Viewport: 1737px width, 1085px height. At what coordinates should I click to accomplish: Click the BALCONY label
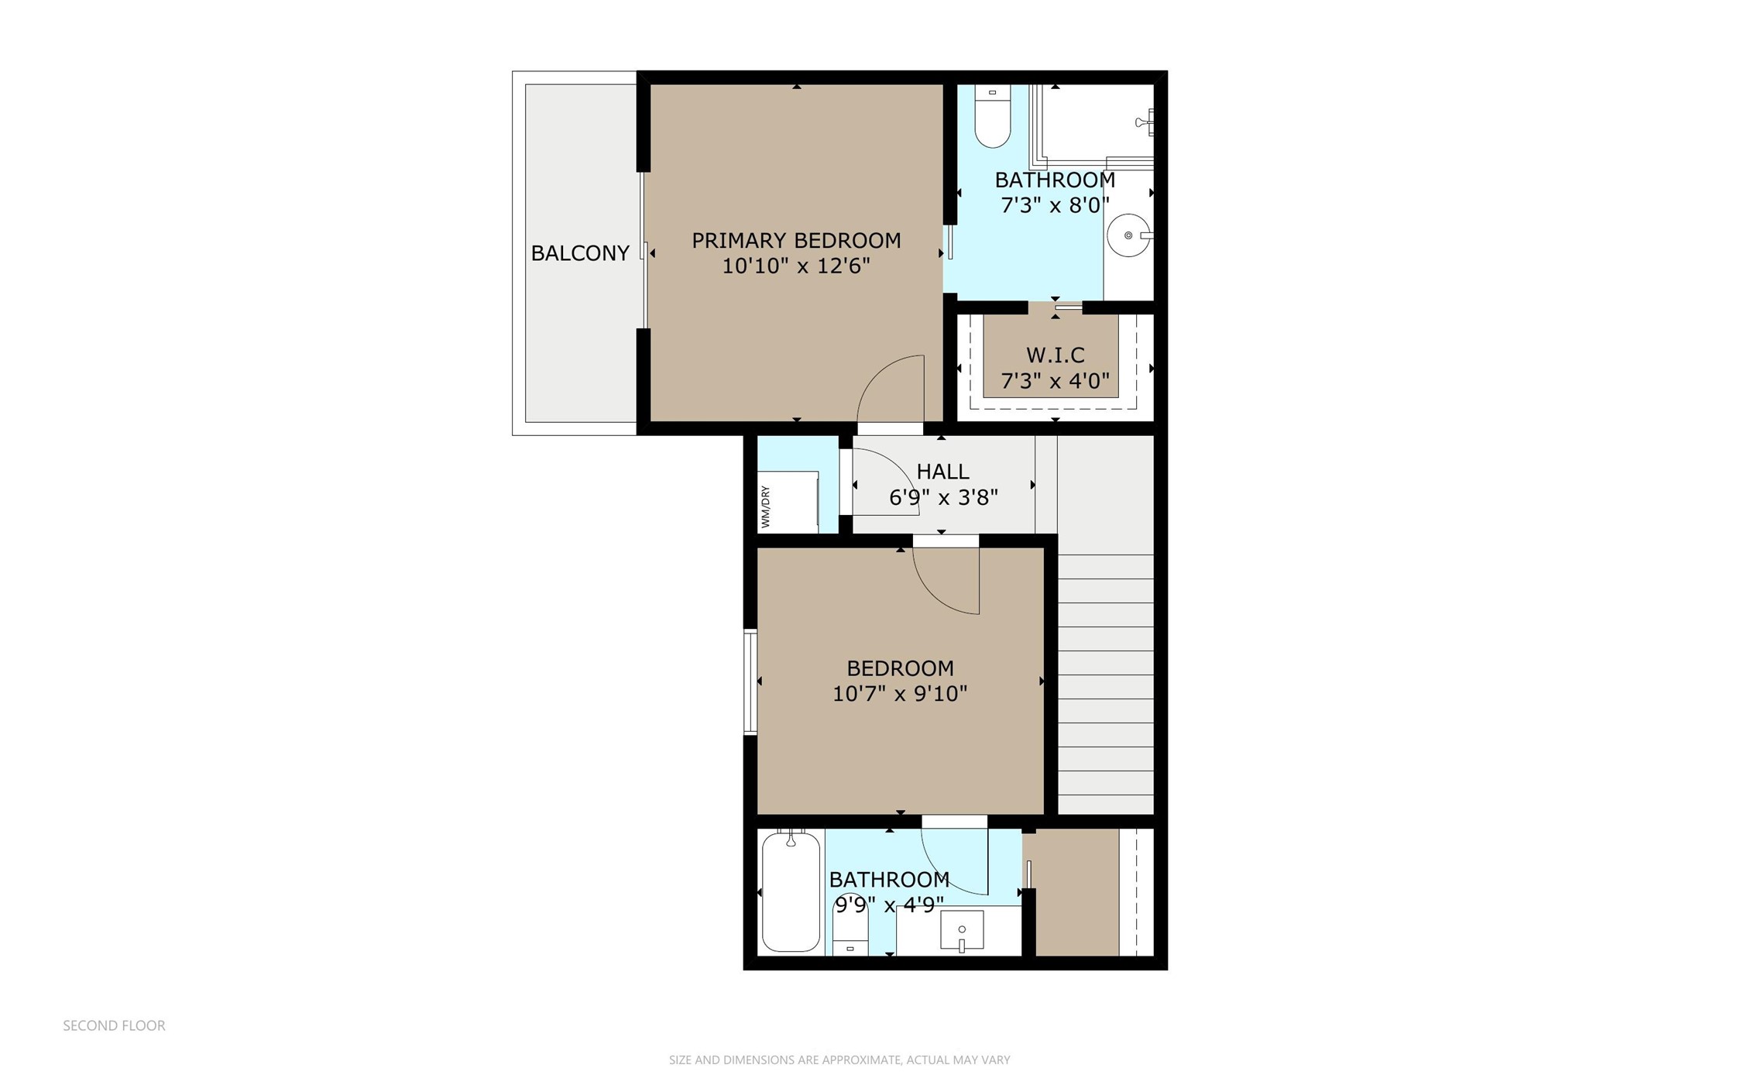tap(579, 253)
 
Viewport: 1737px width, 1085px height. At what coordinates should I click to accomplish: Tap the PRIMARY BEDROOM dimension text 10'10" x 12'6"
tap(795, 266)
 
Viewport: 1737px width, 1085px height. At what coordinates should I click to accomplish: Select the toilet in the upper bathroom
tap(992, 117)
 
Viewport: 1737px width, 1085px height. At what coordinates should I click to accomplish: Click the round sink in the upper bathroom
tap(1128, 235)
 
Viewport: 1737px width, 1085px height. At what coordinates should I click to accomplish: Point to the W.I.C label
tap(1055, 355)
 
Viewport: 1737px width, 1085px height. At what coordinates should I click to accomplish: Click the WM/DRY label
tap(766, 507)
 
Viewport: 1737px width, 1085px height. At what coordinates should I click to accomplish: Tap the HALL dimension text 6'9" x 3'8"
tap(942, 497)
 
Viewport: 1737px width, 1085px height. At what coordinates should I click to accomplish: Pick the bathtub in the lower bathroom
tap(791, 891)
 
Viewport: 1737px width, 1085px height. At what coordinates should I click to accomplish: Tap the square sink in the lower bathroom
tap(962, 929)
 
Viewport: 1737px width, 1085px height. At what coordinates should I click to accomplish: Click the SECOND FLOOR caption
tap(114, 1025)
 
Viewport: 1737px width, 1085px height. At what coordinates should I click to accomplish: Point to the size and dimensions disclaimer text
tap(839, 1060)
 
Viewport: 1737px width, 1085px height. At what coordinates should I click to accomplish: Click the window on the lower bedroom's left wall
tap(750, 682)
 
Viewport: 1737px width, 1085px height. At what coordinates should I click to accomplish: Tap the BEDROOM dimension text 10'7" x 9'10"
tap(899, 694)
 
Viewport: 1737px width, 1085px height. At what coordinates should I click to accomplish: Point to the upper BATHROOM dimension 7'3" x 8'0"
tap(1055, 206)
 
